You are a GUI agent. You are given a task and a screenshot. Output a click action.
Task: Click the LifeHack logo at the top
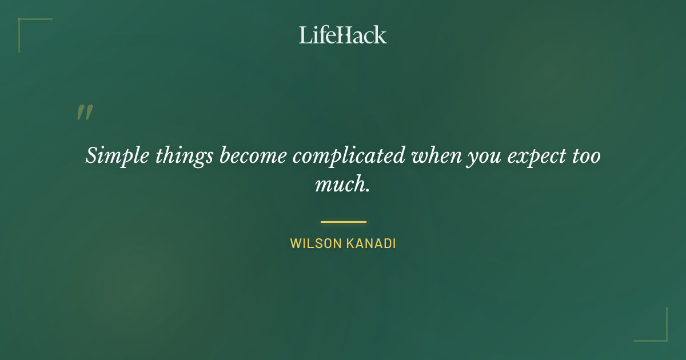pyautogui.click(x=342, y=35)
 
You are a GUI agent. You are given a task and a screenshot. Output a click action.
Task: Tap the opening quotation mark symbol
pyautogui.click(x=84, y=113)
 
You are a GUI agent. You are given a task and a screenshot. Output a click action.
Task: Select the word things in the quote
pyautogui.click(x=184, y=155)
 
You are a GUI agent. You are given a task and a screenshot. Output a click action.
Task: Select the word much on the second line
pyautogui.click(x=341, y=185)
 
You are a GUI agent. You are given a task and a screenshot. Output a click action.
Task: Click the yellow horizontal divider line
pyautogui.click(x=343, y=222)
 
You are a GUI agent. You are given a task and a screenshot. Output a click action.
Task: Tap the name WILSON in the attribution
pyautogui.click(x=316, y=243)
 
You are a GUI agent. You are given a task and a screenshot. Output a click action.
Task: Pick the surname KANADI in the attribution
pyautogui.click(x=371, y=243)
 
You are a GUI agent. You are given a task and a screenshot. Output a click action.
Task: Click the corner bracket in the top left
pyautogui.click(x=23, y=23)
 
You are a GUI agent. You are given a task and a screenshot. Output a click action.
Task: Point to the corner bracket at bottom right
pyautogui.click(x=663, y=337)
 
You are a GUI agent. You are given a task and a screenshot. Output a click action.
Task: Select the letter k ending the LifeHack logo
pyautogui.click(x=381, y=35)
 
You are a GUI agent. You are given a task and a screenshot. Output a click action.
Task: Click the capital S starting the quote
pyautogui.click(x=91, y=155)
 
